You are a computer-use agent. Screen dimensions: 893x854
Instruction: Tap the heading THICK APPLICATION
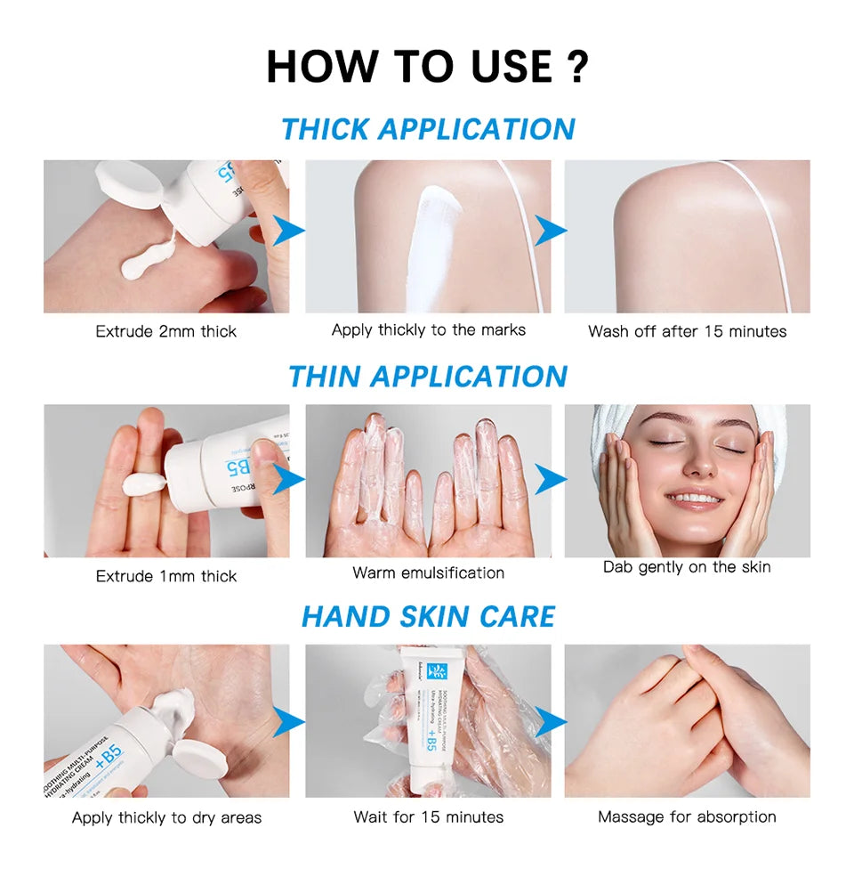pos(428,129)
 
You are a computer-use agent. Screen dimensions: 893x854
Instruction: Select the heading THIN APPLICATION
pos(428,376)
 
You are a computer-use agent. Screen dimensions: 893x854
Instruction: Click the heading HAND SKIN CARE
pos(428,616)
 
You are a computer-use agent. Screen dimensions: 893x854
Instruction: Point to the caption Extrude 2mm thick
pos(166,331)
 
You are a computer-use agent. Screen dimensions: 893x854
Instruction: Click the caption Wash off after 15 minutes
pos(687,331)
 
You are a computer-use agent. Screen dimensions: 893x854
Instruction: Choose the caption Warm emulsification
pos(428,572)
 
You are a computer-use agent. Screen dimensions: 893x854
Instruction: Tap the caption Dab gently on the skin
pos(687,567)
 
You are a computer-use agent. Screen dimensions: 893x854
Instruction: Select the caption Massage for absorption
pos(687,816)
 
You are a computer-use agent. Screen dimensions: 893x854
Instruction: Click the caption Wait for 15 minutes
pos(428,816)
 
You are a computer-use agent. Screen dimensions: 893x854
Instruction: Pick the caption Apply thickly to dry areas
pos(166,817)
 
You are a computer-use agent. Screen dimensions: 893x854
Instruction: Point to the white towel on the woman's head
pos(614,427)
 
